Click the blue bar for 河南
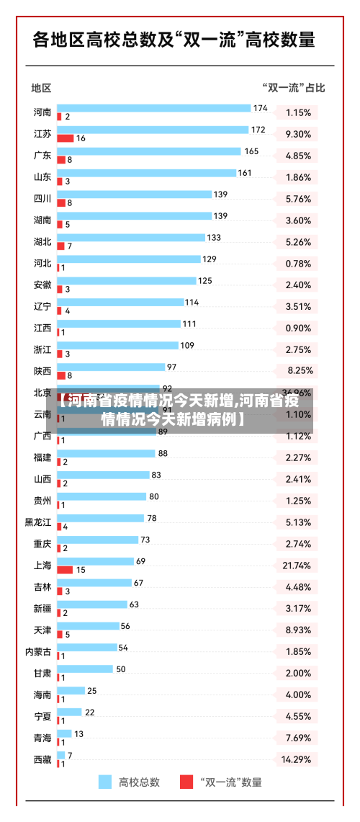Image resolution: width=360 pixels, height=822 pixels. [153, 108]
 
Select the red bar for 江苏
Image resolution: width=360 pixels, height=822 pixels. [66, 138]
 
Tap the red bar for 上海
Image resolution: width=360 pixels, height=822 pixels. [65, 569]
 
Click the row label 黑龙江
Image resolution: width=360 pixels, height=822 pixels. [38, 522]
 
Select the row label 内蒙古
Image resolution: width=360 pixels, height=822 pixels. [38, 651]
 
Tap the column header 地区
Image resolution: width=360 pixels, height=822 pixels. [41, 88]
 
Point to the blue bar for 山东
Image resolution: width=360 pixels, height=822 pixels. [146, 173]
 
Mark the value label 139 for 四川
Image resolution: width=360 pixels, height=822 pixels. [220, 195]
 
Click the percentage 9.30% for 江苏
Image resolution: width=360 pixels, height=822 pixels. [298, 134]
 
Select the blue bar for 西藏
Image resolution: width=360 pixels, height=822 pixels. [61, 755]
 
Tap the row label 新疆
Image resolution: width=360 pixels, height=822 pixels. [42, 609]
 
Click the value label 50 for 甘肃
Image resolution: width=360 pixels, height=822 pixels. [121, 669]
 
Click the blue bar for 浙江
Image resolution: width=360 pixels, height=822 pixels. [117, 346]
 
